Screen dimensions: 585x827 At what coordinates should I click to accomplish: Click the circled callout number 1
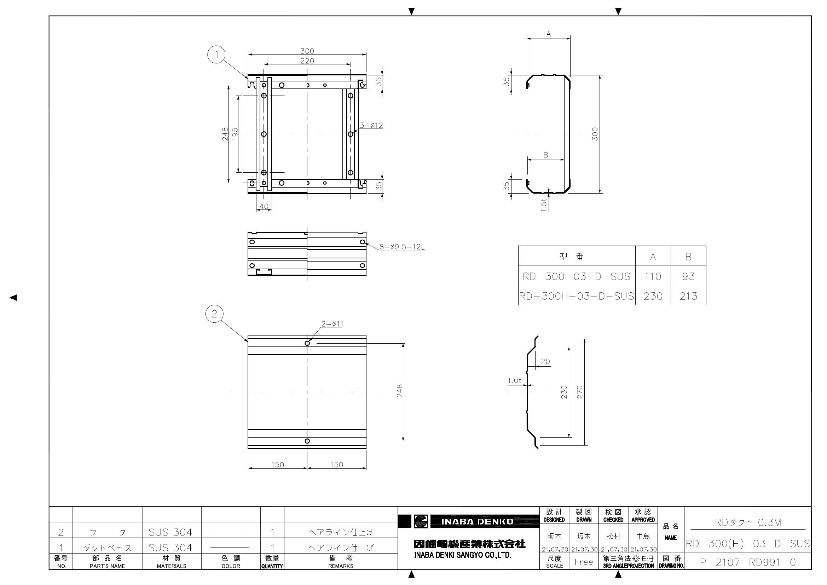point(216,55)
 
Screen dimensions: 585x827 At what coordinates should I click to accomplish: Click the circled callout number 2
point(214,314)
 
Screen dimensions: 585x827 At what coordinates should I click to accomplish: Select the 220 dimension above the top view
point(307,61)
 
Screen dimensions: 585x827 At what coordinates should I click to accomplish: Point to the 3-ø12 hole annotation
point(371,125)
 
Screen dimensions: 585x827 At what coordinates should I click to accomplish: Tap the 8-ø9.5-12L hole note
point(401,247)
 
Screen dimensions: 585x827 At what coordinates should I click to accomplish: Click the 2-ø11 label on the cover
point(332,324)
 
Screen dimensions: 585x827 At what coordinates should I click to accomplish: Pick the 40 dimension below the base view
point(264,207)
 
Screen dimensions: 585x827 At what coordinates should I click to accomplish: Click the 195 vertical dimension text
point(235,134)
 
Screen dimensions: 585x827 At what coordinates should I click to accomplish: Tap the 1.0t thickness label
point(514,380)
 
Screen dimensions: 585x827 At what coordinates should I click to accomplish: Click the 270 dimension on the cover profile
point(579,392)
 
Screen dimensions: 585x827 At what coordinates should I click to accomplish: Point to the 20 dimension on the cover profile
point(545,362)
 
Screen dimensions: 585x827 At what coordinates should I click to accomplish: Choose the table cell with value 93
point(688,276)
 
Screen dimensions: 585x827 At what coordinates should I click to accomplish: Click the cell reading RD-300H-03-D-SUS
point(576,296)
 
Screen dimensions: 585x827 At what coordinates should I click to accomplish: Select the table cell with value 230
point(653,296)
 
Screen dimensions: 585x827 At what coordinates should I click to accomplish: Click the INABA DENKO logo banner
point(477,522)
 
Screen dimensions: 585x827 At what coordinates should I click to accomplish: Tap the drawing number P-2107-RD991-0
point(747,562)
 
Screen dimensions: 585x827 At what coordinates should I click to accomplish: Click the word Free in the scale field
point(584,562)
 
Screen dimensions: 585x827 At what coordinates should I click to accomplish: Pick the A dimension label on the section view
point(548,34)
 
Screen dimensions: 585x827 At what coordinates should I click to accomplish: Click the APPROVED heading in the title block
point(643,520)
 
